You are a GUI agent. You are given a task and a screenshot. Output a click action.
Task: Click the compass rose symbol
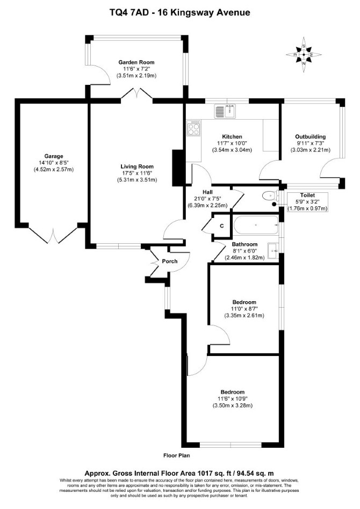pyautogui.click(x=304, y=55)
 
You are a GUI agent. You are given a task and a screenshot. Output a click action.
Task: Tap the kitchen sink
pyautogui.click(x=226, y=111)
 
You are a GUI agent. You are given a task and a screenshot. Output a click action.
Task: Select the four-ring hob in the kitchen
pyautogui.click(x=194, y=128)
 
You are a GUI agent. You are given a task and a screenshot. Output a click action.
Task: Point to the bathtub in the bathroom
pyautogui.click(x=256, y=225)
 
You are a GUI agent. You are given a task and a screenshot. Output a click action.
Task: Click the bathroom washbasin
pyautogui.click(x=273, y=251)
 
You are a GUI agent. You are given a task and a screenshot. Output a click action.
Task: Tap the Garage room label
pyautogui.click(x=54, y=156)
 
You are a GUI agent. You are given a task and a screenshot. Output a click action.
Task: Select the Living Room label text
pyautogui.click(x=137, y=166)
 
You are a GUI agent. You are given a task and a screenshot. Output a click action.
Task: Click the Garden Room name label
pyautogui.click(x=136, y=62)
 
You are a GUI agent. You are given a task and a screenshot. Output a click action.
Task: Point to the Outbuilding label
pyautogui.click(x=310, y=137)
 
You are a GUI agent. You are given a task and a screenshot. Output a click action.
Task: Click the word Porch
pyautogui.click(x=170, y=261)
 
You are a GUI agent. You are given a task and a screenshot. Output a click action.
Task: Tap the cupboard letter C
pyautogui.click(x=222, y=226)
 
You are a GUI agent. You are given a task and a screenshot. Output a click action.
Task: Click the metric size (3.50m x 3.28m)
pyautogui.click(x=233, y=405)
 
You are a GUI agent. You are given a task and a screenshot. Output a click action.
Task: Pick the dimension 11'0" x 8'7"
pyautogui.click(x=244, y=309)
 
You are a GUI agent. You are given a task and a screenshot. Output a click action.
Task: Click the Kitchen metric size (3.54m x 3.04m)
pyautogui.click(x=232, y=150)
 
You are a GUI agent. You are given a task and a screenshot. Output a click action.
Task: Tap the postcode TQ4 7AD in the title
pyautogui.click(x=129, y=13)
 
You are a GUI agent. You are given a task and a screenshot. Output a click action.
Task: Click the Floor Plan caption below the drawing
pyautogui.click(x=176, y=455)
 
